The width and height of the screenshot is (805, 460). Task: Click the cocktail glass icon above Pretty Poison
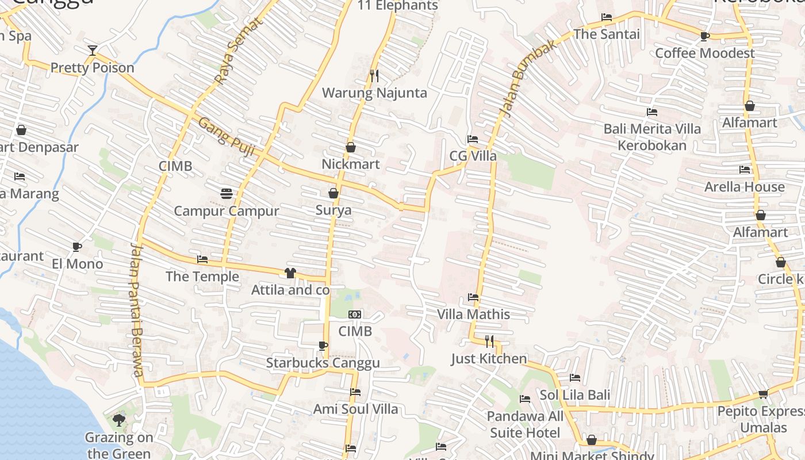point(92,51)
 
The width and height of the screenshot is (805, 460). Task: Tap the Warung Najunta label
point(374,93)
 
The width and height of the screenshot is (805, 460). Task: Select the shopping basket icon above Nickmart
point(350,148)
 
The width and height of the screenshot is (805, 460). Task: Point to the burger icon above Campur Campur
point(226,194)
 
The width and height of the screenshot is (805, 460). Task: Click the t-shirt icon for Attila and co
point(290,273)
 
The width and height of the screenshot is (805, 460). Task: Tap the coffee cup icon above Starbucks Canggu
point(323,346)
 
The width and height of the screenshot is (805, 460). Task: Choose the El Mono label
point(77,264)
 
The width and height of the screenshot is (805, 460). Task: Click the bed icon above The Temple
point(202,259)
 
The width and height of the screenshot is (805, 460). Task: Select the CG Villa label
point(473,156)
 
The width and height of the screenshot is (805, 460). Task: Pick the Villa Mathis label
point(473,315)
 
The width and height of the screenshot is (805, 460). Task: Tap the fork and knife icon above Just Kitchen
point(489,342)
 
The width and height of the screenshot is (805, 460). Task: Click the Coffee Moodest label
point(705,53)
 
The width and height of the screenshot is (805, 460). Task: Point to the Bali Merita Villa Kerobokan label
point(652,137)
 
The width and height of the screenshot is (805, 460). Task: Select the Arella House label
point(744,187)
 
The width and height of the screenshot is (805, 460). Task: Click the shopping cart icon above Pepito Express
point(763,394)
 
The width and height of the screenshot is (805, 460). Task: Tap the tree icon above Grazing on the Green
point(119,420)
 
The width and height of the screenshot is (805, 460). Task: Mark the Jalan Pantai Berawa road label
point(136,310)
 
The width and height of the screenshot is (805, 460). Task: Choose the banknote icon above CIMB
point(355,315)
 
